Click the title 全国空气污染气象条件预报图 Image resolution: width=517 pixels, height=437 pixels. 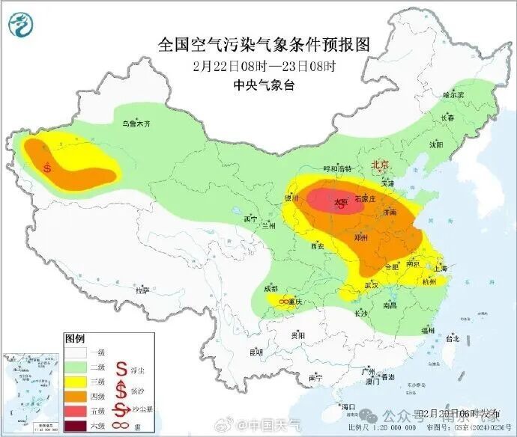(264, 45)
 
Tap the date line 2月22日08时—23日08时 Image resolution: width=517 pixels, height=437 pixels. (264, 65)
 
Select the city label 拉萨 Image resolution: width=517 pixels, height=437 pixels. (142, 290)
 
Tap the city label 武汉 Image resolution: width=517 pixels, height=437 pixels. (372, 286)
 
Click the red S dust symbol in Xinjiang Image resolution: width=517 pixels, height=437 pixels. (48, 168)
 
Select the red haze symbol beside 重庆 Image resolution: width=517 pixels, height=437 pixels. (285, 301)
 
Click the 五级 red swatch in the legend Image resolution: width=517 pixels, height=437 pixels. (76, 409)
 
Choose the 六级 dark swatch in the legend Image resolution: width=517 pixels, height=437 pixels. (76, 427)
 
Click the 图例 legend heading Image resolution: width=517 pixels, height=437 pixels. (75, 337)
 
